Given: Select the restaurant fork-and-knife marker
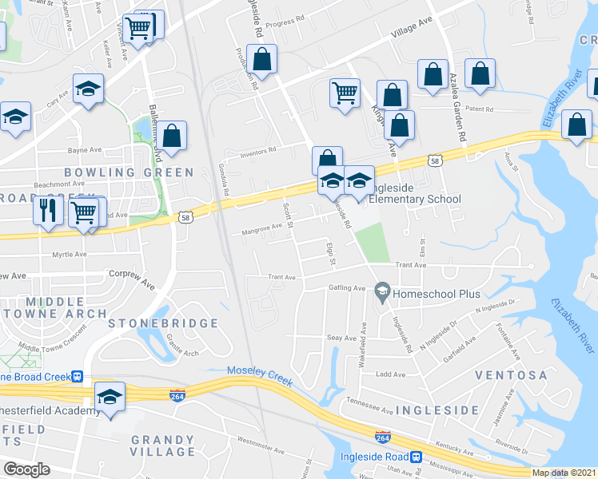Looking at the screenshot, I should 48,211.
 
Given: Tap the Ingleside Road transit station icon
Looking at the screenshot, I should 416,457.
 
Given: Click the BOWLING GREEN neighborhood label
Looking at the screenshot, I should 129,172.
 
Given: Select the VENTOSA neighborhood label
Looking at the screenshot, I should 511,375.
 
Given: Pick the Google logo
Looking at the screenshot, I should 27,469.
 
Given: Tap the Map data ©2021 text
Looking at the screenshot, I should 564,473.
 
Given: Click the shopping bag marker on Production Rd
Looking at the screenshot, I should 262,58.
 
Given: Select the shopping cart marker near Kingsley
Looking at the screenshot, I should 345,92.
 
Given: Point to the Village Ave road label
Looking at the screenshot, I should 411,30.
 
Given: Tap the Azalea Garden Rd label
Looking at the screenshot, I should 461,112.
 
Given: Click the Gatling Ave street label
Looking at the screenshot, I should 348,288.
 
